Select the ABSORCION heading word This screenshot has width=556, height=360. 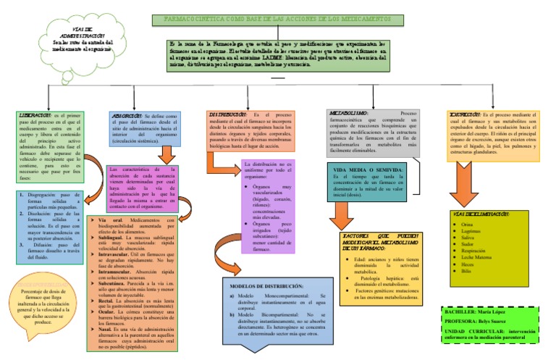[x=127, y=115]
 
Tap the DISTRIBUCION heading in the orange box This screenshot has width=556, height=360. [x=227, y=115]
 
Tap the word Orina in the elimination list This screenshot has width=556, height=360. [x=466, y=205]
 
